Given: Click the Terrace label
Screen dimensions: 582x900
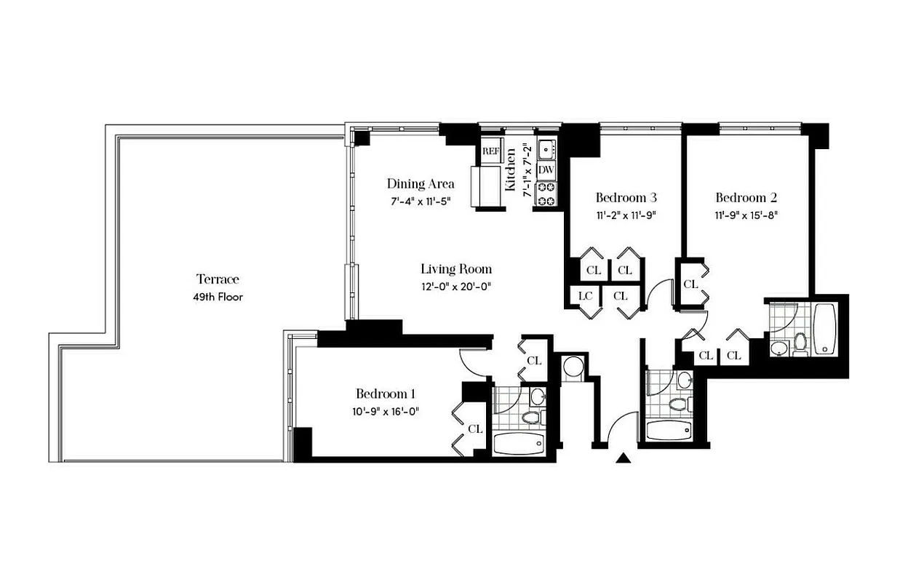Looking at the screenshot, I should point(218,279).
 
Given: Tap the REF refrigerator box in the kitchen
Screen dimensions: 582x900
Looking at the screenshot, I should point(490,151).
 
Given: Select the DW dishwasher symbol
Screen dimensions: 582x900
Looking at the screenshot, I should point(546,170).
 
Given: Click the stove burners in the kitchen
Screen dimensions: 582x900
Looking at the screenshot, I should point(546,194).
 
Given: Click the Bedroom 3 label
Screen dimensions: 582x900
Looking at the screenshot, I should point(626,197).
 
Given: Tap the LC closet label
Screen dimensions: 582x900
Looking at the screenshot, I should point(584,295).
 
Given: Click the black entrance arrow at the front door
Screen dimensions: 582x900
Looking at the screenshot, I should point(624,458).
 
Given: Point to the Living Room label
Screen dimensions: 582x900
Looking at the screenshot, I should point(456,269).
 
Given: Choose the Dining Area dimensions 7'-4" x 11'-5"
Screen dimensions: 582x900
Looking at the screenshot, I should point(420,201).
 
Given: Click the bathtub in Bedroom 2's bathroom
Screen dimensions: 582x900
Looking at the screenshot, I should point(824,328).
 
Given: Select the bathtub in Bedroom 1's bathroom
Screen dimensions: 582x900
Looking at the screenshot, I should point(518,442).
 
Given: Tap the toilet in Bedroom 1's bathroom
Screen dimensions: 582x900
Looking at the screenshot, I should point(531,417).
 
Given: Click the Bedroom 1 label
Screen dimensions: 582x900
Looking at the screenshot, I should point(385,394).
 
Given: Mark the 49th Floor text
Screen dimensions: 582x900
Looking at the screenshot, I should point(218,297).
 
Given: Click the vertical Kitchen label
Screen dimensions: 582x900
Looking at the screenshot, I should point(511,169).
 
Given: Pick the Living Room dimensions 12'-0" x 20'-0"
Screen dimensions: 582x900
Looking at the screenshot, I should point(456,287).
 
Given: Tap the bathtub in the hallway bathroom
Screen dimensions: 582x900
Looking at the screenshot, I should point(667,430).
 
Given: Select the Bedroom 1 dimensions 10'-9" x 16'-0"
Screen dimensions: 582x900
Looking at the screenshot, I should point(385,411).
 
